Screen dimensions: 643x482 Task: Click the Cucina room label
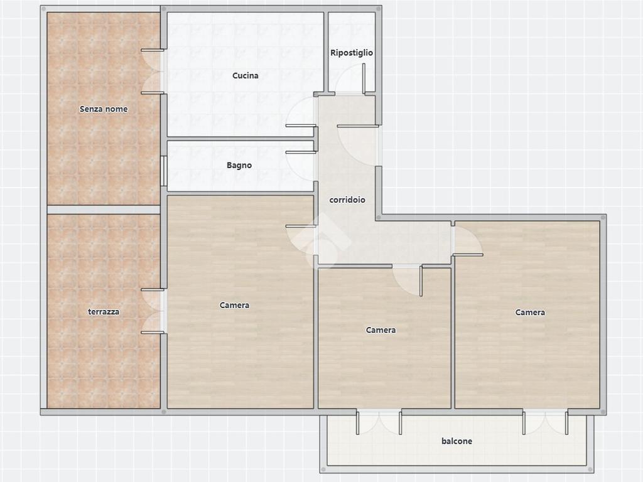[x=246, y=75]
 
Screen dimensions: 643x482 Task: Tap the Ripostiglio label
[x=352, y=53]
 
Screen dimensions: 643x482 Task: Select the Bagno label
[x=239, y=165]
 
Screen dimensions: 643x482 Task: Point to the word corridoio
[x=347, y=200]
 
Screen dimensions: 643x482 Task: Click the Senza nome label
[x=104, y=109]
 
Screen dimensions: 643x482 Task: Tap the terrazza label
[x=104, y=311]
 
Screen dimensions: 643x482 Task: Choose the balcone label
[x=457, y=441]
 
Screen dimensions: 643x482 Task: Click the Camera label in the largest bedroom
[x=234, y=305]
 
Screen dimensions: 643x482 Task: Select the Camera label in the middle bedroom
[x=381, y=330]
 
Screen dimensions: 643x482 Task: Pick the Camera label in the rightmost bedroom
[x=530, y=313]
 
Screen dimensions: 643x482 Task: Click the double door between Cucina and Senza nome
[x=153, y=72]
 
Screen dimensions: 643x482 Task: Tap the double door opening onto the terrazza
[x=153, y=311]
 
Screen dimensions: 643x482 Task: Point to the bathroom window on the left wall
[x=163, y=171]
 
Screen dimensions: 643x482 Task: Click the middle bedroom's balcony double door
[x=379, y=422]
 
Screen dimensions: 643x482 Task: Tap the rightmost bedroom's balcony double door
[x=546, y=422]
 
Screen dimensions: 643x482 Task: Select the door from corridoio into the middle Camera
[x=407, y=281]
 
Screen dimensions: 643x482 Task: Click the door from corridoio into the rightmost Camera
[x=467, y=240]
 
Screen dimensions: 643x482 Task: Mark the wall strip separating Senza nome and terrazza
[x=104, y=210]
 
